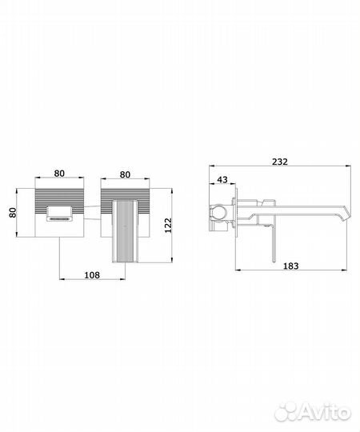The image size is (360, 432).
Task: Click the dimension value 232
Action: point(280,162)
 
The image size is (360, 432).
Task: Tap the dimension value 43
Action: point(222,179)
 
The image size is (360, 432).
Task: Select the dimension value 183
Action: point(291,266)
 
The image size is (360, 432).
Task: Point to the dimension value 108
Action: point(92,274)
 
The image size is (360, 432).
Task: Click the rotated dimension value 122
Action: point(168,226)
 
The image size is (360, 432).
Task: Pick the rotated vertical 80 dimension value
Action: point(13,213)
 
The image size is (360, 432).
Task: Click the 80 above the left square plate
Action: point(59,174)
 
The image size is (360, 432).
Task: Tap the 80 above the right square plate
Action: point(125,174)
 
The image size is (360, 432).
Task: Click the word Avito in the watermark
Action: point(326,413)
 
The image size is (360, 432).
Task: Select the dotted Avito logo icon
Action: point(287,412)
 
